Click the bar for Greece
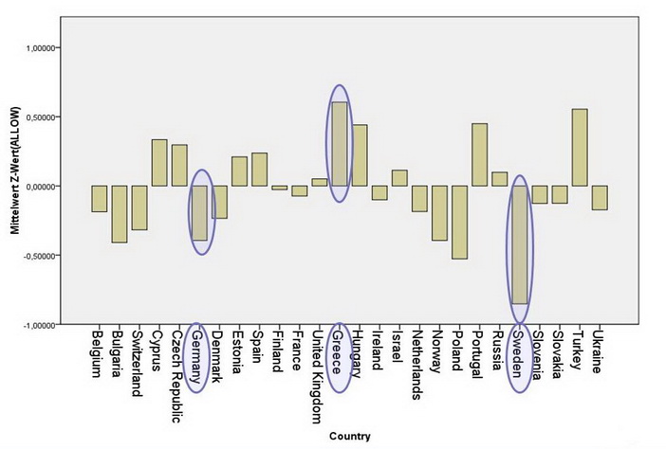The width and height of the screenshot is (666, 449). click(x=339, y=143)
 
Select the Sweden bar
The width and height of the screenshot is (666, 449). click(x=519, y=244)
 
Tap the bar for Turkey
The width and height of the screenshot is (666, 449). click(x=579, y=148)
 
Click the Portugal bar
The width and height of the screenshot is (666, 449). click(x=479, y=154)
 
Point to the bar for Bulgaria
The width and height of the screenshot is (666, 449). click(x=119, y=214)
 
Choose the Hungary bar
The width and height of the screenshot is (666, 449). click(x=359, y=155)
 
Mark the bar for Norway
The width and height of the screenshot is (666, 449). click(x=439, y=213)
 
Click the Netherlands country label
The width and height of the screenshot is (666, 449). click(x=418, y=364)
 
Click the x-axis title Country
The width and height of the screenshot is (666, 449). click(x=351, y=437)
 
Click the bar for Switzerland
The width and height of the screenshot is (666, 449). click(x=139, y=207)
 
